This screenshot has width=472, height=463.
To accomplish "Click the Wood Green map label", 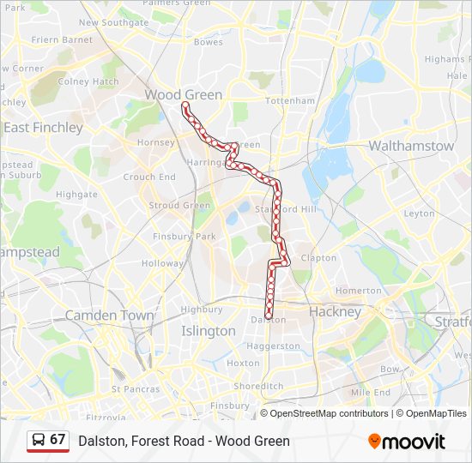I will click(183, 94).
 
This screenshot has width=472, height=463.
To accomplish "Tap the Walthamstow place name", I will click(411, 146).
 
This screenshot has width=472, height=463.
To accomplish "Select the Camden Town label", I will click(109, 316).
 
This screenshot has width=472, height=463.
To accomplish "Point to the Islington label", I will click(208, 330).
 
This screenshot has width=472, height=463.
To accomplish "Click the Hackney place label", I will click(335, 311).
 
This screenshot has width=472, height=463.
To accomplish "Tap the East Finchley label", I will click(43, 127).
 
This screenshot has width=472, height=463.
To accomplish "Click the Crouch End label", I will click(149, 177).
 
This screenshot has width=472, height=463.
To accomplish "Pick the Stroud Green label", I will click(179, 206).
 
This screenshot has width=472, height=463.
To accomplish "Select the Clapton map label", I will click(318, 257).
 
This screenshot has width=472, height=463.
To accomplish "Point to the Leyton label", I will click(419, 213).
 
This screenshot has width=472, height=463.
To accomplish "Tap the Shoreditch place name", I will click(258, 386).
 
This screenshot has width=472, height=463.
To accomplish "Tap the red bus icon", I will click(38, 441).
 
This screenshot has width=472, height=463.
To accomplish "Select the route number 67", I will click(57, 440).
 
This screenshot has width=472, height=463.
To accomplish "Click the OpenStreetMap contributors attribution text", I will click(329, 413).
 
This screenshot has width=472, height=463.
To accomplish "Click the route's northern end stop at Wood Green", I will click(185, 105).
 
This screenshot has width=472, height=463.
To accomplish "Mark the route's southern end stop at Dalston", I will click(269, 317).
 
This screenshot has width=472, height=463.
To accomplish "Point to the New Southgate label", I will click(113, 22).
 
